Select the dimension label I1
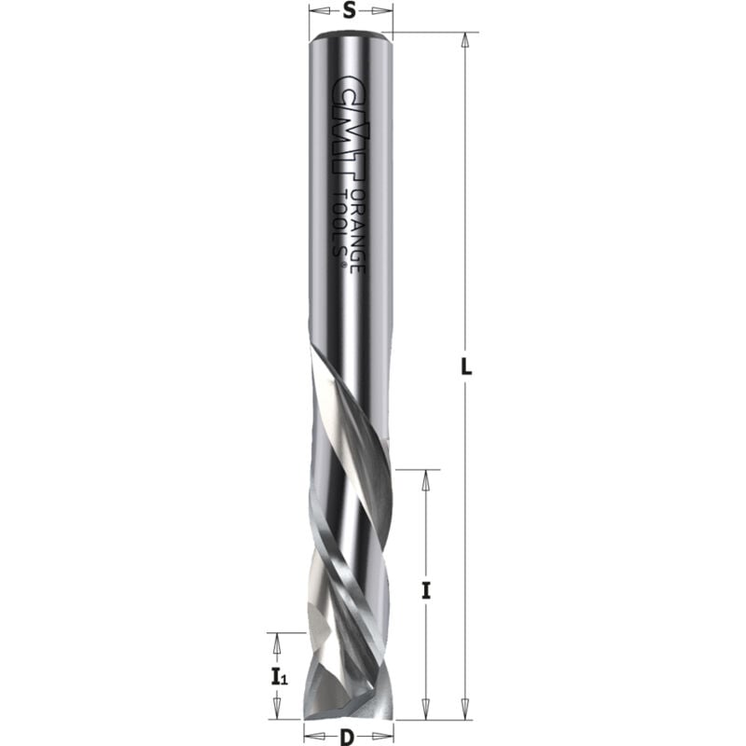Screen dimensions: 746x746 pos(277,676)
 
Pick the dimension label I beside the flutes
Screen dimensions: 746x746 pos(426,589)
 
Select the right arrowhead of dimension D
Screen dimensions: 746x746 pos(385,738)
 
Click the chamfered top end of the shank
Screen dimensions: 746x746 pos(349,38)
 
